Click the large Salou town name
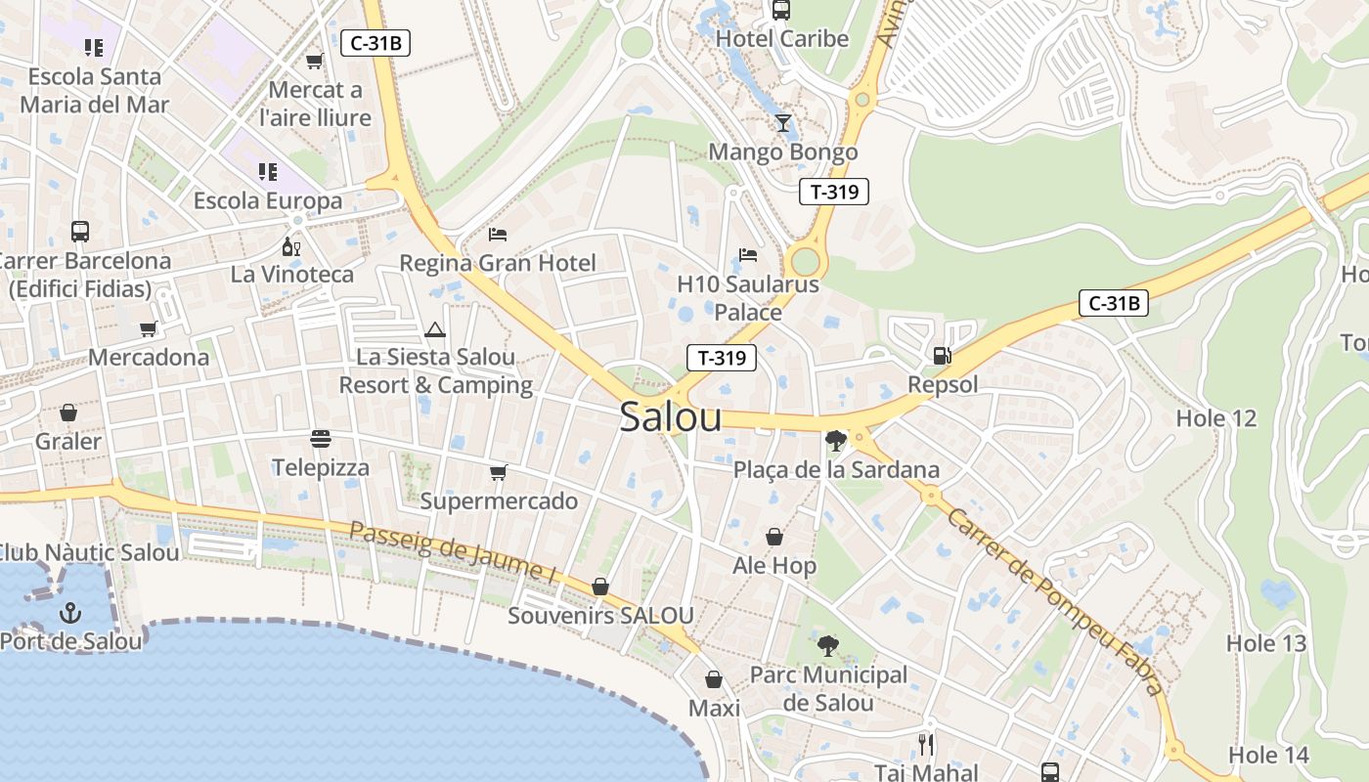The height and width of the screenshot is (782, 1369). click(x=671, y=417)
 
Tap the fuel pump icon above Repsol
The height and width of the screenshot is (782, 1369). click(x=942, y=356)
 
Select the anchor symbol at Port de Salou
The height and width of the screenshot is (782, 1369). click(x=69, y=613)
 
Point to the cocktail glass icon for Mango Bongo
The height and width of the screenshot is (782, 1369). click(x=782, y=123)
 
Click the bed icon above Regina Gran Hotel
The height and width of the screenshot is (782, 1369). click(x=498, y=235)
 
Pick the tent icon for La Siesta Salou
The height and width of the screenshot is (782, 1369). click(x=435, y=329)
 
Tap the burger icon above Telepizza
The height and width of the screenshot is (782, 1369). click(x=321, y=439)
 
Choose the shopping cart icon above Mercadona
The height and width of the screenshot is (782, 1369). click(x=149, y=329)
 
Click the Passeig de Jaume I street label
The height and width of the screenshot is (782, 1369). click(x=453, y=553)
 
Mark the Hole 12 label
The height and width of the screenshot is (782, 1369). click(x=1215, y=418)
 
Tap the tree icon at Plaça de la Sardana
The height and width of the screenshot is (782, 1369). click(x=835, y=441)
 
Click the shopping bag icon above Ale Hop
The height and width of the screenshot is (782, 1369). click(x=773, y=538)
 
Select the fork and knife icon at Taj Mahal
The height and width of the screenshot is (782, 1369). click(x=925, y=745)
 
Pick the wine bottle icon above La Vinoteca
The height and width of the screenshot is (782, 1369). click(x=290, y=246)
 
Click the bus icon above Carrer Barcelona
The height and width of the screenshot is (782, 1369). click(x=80, y=232)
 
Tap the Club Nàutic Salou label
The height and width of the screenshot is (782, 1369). click(x=89, y=552)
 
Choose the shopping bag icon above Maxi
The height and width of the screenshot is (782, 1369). click(x=714, y=679)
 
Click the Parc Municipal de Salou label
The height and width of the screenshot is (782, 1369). click(x=828, y=689)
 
